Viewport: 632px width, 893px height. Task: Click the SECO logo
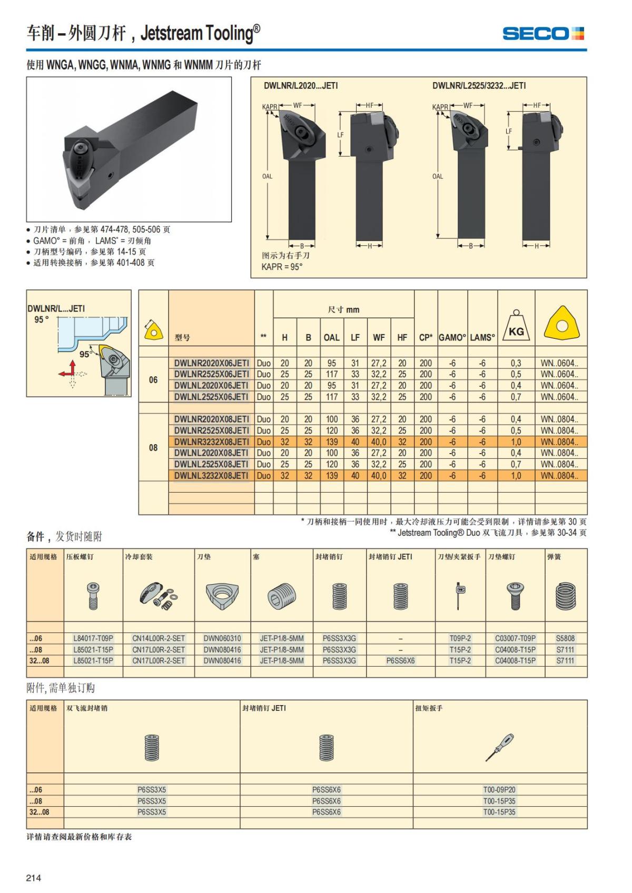543,34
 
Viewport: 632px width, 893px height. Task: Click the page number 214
34,877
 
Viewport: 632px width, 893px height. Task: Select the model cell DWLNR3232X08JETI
212,442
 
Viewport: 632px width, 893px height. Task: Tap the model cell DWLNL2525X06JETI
211,397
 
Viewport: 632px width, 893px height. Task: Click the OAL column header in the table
331,337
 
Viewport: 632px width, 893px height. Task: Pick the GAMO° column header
452,337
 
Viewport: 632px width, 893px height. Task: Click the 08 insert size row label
153,447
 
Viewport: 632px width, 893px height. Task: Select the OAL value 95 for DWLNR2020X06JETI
332,363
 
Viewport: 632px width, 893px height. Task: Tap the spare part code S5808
565,638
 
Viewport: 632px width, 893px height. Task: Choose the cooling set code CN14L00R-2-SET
159,638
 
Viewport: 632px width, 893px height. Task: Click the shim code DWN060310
222,638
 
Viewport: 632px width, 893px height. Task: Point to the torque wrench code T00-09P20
499,789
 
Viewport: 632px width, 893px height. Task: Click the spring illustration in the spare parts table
566,596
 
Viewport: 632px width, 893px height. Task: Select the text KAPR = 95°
282,267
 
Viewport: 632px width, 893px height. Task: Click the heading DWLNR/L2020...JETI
301,86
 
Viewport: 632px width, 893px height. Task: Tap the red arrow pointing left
65,374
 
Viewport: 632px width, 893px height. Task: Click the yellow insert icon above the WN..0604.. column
561,323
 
